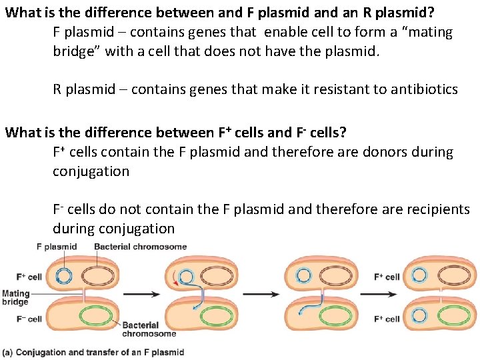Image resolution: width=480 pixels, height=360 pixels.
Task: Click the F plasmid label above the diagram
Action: click(57, 247)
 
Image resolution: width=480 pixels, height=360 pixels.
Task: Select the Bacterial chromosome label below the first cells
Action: click(149, 329)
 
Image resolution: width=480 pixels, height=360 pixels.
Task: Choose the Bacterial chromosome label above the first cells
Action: click(141, 247)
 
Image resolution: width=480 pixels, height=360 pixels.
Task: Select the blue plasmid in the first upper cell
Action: click(64, 275)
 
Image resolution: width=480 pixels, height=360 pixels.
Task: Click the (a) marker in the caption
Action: click(7, 351)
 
